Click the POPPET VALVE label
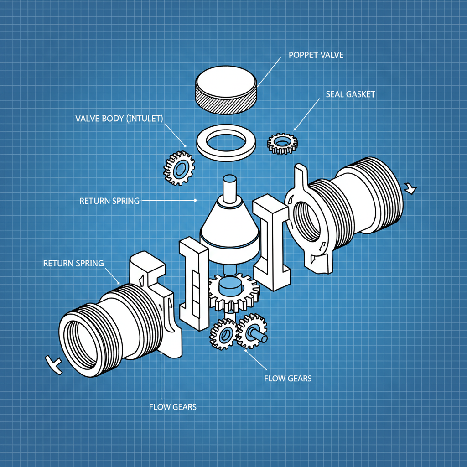[316, 55]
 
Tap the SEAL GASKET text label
[350, 94]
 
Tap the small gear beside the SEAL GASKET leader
[282, 143]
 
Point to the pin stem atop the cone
[229, 188]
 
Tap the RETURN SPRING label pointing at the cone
[109, 200]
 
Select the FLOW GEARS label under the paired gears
[288, 378]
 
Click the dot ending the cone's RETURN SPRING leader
[196, 200]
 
